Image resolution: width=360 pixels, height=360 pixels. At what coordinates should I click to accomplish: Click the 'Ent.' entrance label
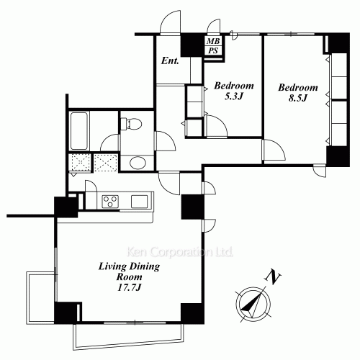pos(170,60)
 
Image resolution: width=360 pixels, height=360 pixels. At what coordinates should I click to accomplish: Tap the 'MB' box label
pos(212,42)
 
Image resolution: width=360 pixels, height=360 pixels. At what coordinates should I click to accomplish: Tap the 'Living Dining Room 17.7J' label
pos(119,277)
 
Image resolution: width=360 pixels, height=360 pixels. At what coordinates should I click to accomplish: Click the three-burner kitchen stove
pos(111,200)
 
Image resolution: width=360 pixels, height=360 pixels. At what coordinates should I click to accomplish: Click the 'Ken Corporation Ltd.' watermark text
pos(179,253)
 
